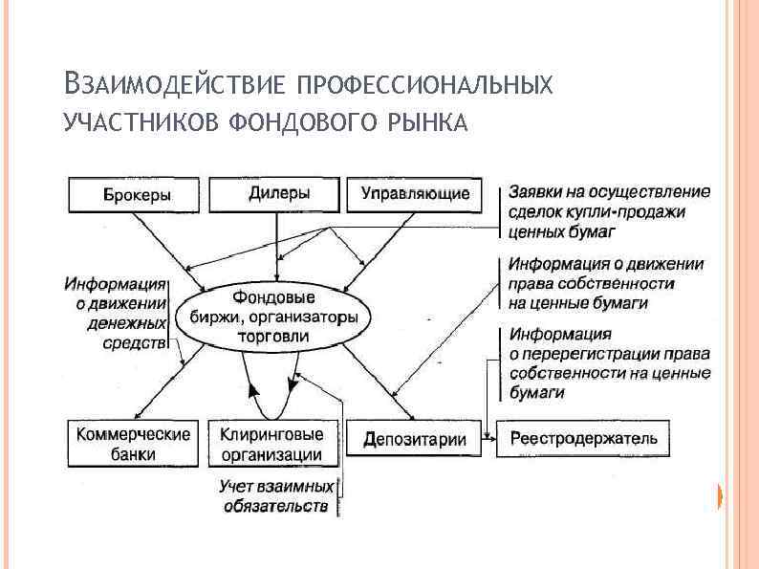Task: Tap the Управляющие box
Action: point(415,195)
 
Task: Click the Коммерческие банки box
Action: point(133,444)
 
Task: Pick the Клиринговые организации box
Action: point(271,444)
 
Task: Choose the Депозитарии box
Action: point(415,440)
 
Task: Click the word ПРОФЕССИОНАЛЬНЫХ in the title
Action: point(424,84)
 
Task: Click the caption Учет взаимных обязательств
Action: point(276,495)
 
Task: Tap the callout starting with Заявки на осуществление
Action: point(608,210)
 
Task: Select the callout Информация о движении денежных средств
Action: point(116,312)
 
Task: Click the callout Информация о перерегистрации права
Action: point(608,363)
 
